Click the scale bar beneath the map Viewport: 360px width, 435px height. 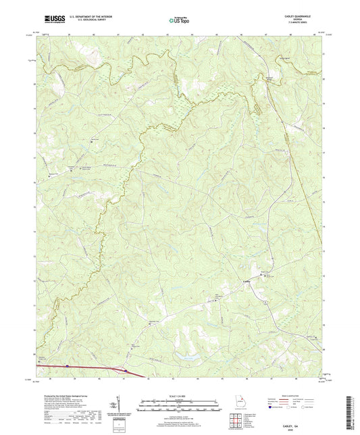pyautogui.click(x=180, y=407)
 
